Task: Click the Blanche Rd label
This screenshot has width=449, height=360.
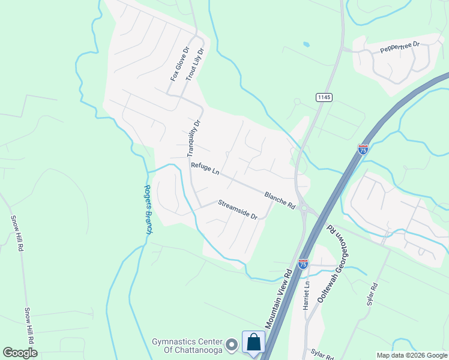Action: point(280,200)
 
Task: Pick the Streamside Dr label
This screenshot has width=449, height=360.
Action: point(237,209)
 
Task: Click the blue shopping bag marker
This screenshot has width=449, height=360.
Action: point(253,343)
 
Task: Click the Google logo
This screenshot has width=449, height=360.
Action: point(20,353)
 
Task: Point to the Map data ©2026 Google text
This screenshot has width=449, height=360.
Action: point(412,355)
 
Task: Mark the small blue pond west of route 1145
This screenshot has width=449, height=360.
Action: point(307,44)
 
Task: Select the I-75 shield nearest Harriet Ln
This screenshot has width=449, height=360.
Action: point(304,263)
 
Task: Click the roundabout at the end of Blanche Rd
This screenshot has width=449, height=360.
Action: point(304,209)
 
